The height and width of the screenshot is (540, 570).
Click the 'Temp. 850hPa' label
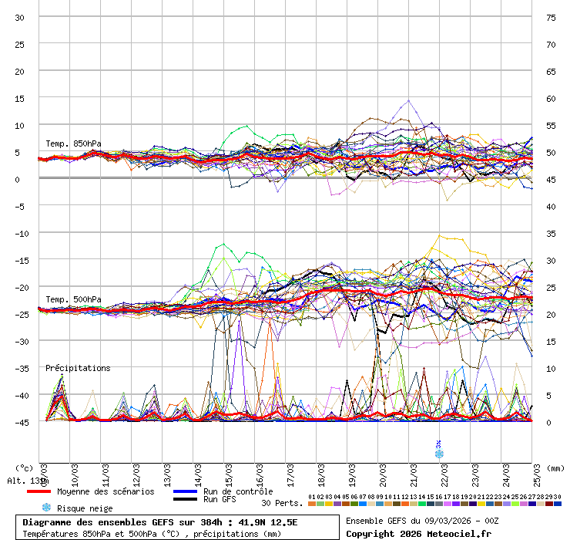click(x=73, y=143)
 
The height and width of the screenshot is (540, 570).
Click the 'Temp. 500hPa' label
click(x=73, y=299)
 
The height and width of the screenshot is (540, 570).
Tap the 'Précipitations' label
click(x=78, y=368)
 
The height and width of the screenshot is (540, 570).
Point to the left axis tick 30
click(x=20, y=17)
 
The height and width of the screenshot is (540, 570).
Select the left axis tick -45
click(x=20, y=422)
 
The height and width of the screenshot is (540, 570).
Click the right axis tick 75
click(x=551, y=17)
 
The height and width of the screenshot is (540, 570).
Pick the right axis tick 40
click(x=551, y=206)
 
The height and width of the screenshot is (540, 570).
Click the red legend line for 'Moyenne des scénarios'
click(x=39, y=491)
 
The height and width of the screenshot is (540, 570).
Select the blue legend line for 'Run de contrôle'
click(x=185, y=491)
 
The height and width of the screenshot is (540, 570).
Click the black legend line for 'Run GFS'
click(x=185, y=499)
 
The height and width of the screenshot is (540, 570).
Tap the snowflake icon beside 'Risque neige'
click(x=46, y=508)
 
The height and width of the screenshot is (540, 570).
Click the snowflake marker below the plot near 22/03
click(x=439, y=454)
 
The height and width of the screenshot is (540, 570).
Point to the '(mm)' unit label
click(x=556, y=467)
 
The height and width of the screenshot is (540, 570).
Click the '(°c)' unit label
click(x=25, y=467)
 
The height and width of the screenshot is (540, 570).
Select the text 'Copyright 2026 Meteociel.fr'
click(x=418, y=533)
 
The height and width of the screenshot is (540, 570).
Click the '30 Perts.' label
click(x=282, y=503)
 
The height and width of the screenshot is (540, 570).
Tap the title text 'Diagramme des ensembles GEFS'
click(x=100, y=522)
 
